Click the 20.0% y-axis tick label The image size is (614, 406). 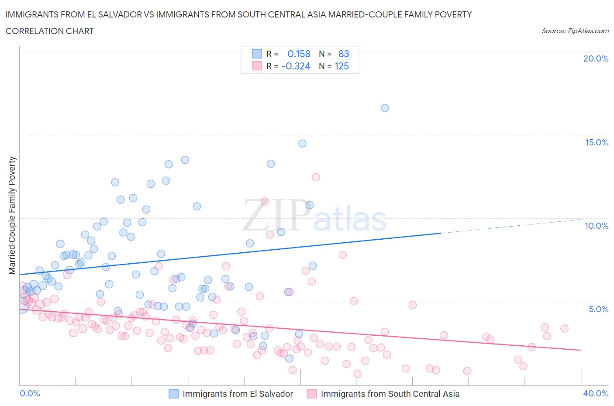(596, 58)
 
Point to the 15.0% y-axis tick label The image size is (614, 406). (597, 142)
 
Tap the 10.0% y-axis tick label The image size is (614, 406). (597, 226)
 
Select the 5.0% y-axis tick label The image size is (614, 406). (598, 309)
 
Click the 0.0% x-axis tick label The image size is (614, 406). (30, 393)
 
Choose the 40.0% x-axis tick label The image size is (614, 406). (596, 393)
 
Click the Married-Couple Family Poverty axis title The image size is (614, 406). (12, 216)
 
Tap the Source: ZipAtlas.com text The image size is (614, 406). (575, 31)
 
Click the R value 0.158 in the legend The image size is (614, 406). (299, 54)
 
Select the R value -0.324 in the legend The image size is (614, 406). (296, 66)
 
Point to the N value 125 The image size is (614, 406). (341, 66)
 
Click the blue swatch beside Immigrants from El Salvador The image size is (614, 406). (173, 394)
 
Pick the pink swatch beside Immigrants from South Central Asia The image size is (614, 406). (311, 394)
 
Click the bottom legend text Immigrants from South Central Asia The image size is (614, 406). (390, 394)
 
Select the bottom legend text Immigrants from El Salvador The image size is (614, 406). (238, 394)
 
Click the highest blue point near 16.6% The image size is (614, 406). (385, 108)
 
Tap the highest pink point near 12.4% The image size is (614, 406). (316, 177)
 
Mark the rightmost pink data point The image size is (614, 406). (564, 328)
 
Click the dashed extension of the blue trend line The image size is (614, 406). (511, 226)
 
